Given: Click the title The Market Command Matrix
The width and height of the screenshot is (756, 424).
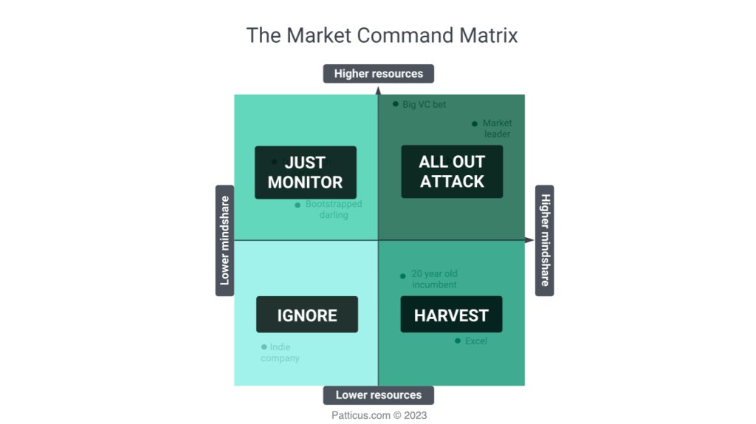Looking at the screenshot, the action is point(382,35).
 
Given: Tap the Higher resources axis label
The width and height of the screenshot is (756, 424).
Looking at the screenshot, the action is point(378,74).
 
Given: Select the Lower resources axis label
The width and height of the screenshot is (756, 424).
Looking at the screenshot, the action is point(378,395).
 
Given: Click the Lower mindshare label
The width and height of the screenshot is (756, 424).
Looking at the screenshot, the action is point(224,240).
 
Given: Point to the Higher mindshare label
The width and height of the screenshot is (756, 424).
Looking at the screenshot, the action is point(545,240).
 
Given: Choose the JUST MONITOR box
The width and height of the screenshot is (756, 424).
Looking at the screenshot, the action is point(305,172).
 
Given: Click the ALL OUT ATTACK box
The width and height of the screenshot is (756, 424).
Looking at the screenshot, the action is point(452,171).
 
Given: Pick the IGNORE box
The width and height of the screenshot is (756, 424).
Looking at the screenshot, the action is point(306,315).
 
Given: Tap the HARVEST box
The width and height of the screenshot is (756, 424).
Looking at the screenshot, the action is point(451,315).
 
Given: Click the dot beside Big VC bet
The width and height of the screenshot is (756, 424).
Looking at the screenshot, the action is point(396,104).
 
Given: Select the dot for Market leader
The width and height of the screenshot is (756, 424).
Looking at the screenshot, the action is point(475,123).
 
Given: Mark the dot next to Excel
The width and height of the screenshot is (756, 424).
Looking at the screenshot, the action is point(458,341).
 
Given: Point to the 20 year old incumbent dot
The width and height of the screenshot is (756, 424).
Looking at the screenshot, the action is point(403,276).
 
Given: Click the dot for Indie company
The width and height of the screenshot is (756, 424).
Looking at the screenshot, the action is point(264,346).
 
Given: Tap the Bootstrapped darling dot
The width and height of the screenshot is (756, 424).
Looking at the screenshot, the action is point(298,205).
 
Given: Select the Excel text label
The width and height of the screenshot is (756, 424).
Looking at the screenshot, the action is point(476,341).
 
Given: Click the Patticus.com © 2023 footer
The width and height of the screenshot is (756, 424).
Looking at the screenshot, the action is point(379,415).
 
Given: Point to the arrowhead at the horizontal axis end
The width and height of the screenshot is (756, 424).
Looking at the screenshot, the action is point(529,240).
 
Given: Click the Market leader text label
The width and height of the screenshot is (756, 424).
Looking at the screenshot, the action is point(497,129).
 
